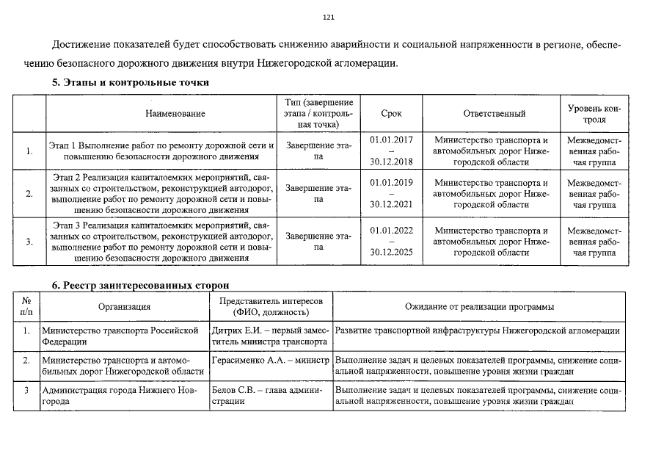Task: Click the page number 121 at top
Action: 329,17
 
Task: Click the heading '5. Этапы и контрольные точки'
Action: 130,83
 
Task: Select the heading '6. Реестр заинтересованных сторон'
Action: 140,284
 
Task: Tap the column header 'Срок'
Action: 392,114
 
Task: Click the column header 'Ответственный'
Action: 495,114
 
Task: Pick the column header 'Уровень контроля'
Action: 594,114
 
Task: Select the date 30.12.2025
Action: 392,251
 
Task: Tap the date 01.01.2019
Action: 392,182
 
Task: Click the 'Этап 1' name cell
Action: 161,151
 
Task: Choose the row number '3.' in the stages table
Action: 29,242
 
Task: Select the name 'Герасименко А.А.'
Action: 242,361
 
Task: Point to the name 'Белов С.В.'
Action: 230,391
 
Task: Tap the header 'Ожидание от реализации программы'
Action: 479,306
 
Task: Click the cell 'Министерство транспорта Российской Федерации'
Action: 120,336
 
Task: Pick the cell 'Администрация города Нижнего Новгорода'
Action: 120,397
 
